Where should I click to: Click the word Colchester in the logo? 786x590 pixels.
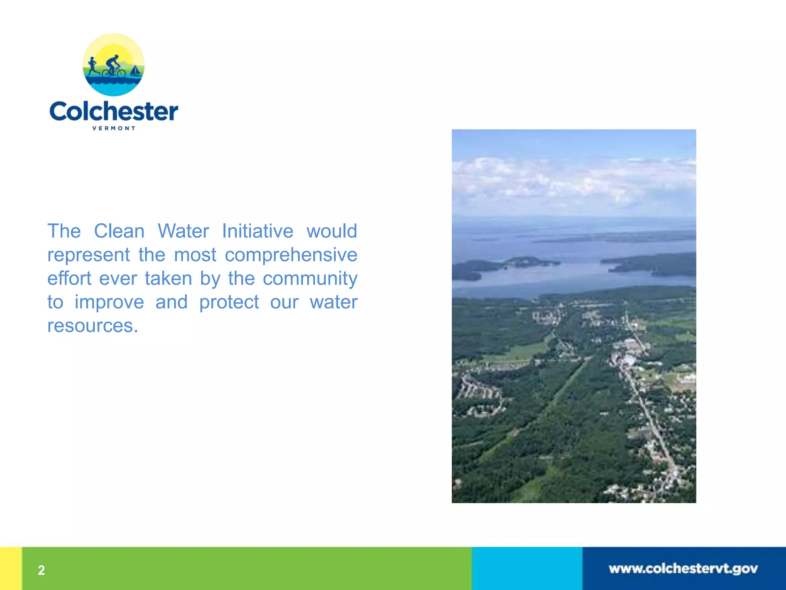114,112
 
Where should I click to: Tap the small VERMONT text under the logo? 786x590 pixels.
114,128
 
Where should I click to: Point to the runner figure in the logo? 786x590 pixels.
92,66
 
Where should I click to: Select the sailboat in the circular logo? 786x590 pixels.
135,71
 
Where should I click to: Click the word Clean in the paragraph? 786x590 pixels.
119,231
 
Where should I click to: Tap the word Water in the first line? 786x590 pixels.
183,231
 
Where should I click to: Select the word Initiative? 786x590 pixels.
258,231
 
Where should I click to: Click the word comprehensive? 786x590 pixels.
291,255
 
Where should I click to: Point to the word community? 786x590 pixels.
310,278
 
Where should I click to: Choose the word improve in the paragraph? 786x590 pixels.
109,302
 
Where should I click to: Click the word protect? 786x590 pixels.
229,302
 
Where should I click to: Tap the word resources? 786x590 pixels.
92,326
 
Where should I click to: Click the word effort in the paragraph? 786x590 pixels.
69,278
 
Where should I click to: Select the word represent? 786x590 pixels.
89,255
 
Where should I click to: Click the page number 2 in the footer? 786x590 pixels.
41,570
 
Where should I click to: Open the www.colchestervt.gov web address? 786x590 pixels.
683,569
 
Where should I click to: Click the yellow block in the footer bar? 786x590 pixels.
11,568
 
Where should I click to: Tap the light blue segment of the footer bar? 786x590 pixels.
527,568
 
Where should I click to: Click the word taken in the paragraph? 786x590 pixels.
168,278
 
